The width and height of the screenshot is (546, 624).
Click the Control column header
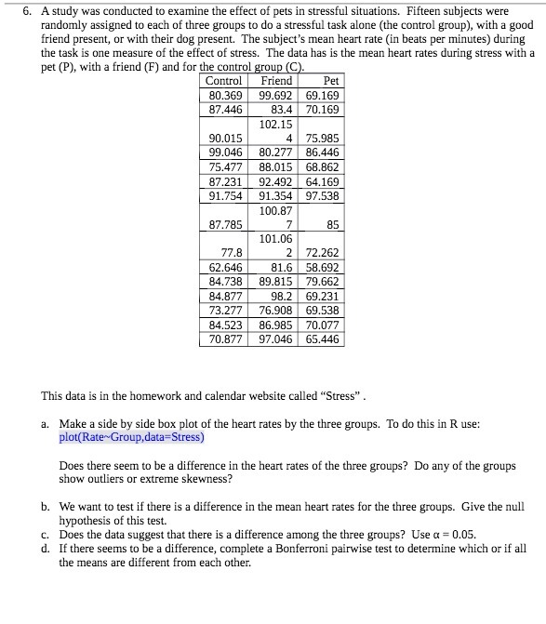pyautogui.click(x=223, y=81)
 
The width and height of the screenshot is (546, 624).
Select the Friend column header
pyautogui.click(x=276, y=81)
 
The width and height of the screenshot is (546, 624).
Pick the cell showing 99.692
pyautogui.click(x=276, y=95)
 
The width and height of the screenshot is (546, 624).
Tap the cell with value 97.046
pyautogui.click(x=276, y=339)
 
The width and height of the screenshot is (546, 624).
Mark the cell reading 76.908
pyautogui.click(x=276, y=310)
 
